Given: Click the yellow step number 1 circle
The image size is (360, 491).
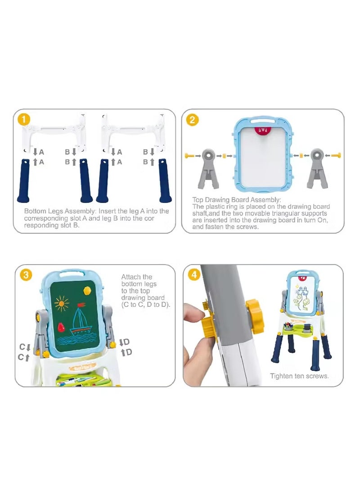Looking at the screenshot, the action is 24,119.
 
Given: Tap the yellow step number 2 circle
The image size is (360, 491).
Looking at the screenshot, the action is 192,120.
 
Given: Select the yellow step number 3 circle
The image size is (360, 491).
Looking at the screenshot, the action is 26,275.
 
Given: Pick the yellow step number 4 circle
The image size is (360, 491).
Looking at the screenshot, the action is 194,275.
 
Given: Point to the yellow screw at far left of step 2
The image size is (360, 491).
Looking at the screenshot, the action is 190,156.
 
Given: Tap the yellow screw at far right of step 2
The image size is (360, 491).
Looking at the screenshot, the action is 336,155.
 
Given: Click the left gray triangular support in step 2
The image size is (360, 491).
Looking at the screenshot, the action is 209,168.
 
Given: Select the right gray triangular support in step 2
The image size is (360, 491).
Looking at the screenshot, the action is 317,168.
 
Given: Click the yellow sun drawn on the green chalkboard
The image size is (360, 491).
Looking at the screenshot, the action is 61,303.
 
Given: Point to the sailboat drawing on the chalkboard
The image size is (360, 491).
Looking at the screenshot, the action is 80,320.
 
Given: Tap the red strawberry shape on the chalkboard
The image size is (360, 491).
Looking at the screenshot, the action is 61,327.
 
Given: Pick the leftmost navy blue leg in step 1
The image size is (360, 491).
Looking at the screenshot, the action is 24,180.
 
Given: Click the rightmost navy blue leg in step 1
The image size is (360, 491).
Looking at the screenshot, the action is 165,180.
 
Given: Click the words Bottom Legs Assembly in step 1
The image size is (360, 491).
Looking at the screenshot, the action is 59,211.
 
